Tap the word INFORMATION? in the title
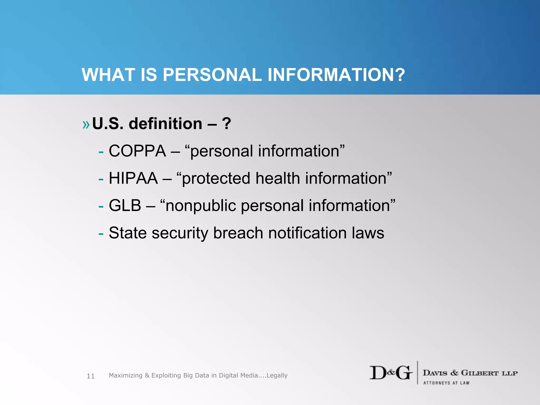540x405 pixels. pyautogui.click(x=336, y=75)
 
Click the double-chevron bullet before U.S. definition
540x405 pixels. pyautogui.click(x=86, y=124)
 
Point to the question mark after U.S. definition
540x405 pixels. pyautogui.click(x=226, y=124)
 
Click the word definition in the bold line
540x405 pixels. pyautogui.click(x=165, y=124)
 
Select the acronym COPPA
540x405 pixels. pyautogui.click(x=137, y=151)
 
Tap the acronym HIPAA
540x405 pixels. pyautogui.click(x=133, y=178)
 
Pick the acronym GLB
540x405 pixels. pyautogui.click(x=125, y=205)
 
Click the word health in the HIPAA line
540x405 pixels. pyautogui.click(x=278, y=178)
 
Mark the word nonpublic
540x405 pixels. pyautogui.click(x=201, y=206)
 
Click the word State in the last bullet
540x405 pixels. pyautogui.click(x=128, y=233)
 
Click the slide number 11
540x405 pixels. pyautogui.click(x=91, y=376)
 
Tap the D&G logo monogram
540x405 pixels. pyautogui.click(x=391, y=373)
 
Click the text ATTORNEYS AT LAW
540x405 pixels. pyautogui.click(x=446, y=383)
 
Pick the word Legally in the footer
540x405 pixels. pyautogui.click(x=277, y=375)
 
